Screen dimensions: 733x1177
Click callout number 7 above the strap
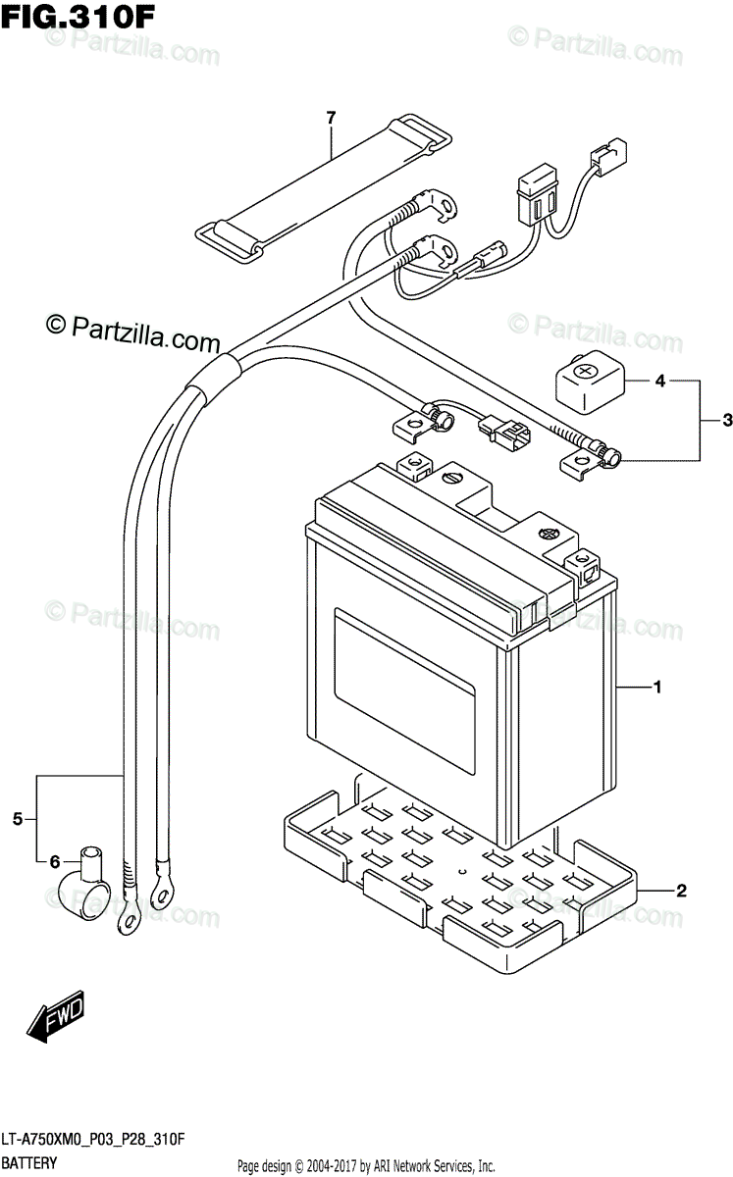331,119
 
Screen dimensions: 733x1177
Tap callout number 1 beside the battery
656,687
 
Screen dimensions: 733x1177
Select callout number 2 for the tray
681,891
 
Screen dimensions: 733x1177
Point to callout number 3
727,420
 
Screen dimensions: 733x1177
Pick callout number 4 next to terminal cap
660,381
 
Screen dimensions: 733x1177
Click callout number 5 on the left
18,819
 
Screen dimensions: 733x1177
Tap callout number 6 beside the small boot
55,862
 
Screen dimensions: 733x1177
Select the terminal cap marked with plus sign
591,382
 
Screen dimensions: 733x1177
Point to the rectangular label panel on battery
404,691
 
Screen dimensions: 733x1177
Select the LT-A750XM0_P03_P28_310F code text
93,1139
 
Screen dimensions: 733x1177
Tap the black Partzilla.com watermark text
132,333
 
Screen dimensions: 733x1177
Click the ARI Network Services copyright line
367,1166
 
